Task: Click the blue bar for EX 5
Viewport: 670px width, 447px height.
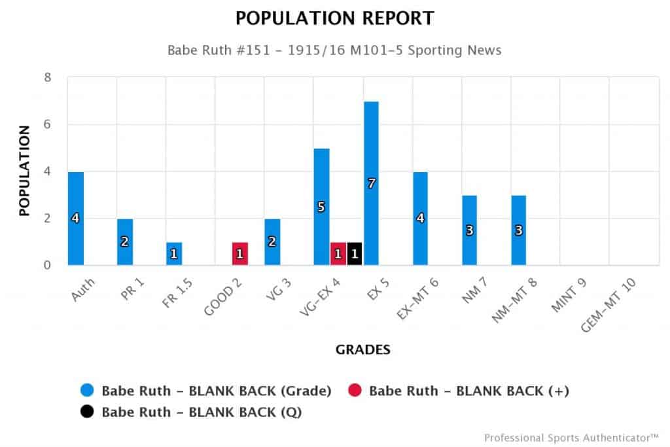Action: [371, 183]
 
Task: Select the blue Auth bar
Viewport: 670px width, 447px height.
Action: [75, 218]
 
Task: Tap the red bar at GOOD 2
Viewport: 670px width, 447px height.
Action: [239, 254]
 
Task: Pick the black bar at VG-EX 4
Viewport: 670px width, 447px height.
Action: [355, 254]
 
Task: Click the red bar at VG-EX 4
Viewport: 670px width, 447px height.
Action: [338, 254]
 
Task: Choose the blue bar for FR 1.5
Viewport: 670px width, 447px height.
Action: [174, 254]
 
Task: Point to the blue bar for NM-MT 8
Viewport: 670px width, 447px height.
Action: [519, 230]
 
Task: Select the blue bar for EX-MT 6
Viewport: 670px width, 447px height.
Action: [420, 218]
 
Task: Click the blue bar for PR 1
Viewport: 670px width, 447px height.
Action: [124, 241]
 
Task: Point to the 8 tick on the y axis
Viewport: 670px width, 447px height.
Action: [47, 78]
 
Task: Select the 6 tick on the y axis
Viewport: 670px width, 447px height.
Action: [47, 125]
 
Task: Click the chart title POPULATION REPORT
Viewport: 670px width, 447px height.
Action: [334, 19]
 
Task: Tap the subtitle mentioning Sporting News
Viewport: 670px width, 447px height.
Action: [334, 50]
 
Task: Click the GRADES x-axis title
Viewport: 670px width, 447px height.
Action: [363, 350]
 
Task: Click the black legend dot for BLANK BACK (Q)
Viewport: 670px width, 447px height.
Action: [87, 412]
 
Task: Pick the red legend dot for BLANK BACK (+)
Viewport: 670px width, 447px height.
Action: [354, 391]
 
